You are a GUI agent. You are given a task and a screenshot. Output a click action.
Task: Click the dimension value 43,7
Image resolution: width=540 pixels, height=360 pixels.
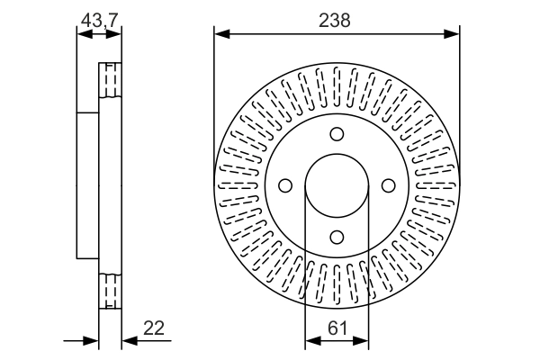click(x=98, y=18)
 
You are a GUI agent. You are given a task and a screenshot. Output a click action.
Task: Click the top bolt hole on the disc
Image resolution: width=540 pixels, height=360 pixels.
click(x=337, y=134)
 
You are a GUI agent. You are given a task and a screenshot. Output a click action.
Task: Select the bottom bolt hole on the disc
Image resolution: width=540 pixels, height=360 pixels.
click(x=337, y=237)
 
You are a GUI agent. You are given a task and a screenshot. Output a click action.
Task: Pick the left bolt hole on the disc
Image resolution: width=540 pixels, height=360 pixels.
click(x=286, y=185)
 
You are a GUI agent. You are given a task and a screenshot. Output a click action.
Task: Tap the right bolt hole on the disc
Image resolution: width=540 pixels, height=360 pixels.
click(x=389, y=185)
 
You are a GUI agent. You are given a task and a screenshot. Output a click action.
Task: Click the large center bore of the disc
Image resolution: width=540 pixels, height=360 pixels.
click(x=337, y=185)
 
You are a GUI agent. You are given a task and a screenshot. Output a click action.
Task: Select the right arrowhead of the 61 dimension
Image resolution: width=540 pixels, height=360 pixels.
click(x=363, y=341)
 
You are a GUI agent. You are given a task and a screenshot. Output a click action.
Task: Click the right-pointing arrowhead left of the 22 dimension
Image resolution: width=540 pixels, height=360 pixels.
click(x=91, y=341)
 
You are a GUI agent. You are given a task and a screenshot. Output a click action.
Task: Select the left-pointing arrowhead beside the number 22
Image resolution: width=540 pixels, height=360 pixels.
click(x=128, y=341)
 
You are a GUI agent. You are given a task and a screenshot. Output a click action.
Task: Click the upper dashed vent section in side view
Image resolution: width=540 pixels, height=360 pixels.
click(x=109, y=81)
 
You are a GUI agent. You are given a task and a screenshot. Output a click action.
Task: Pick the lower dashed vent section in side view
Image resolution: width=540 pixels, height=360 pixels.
click(x=109, y=290)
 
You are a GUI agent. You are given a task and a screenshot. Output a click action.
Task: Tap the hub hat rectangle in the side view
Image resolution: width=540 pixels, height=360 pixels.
click(x=87, y=185)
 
